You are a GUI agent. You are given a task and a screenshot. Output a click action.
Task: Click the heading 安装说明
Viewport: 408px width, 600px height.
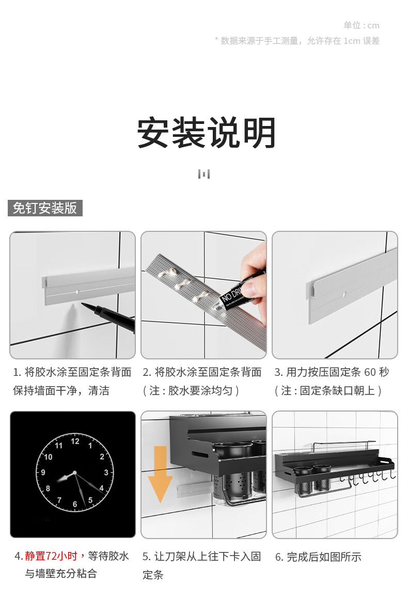click(x=206, y=132)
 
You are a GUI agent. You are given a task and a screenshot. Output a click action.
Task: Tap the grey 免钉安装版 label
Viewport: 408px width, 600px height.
click(x=45, y=208)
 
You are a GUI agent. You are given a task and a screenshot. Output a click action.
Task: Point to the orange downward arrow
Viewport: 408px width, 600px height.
click(x=161, y=474)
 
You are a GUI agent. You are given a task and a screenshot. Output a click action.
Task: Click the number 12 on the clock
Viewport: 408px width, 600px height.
click(x=75, y=441)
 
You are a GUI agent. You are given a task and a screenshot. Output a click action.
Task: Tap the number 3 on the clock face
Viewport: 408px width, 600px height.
click(x=106, y=472)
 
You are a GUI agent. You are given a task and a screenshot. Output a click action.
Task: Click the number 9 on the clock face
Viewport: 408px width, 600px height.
click(x=43, y=472)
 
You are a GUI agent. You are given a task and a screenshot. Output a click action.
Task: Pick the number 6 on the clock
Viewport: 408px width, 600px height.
click(x=75, y=504)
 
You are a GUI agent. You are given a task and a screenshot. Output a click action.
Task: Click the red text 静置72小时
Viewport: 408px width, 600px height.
click(x=51, y=556)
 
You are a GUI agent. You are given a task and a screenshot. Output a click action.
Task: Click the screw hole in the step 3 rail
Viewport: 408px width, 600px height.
click(x=345, y=295)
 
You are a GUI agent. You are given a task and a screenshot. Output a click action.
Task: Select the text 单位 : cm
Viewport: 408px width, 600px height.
click(x=362, y=26)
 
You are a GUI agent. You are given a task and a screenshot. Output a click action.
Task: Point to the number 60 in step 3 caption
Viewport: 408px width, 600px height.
click(x=370, y=372)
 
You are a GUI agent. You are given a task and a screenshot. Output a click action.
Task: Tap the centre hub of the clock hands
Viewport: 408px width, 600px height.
click(x=75, y=473)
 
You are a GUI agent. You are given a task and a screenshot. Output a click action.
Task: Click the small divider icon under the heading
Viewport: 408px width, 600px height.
click(x=204, y=174)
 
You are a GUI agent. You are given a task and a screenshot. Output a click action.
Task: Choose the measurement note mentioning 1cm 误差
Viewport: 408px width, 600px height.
click(x=297, y=41)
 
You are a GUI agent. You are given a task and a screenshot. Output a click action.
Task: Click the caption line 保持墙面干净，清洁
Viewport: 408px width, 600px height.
click(x=61, y=390)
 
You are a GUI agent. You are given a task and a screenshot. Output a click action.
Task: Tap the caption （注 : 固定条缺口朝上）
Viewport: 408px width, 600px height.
click(x=328, y=390)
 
